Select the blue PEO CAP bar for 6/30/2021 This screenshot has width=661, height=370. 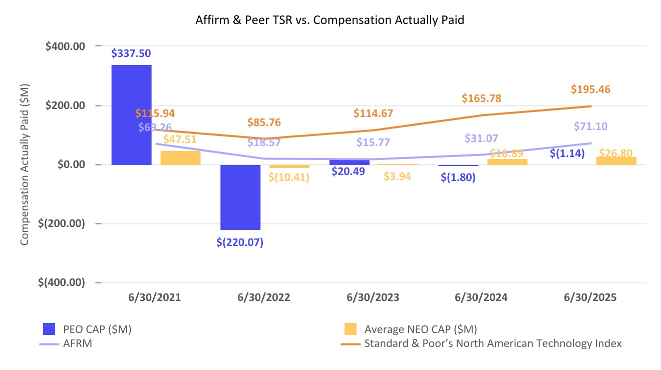click(131, 114)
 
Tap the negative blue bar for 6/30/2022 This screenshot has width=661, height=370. click(240, 197)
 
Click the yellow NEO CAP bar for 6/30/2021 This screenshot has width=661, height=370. click(180, 157)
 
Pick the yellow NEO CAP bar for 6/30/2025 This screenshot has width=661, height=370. click(616, 160)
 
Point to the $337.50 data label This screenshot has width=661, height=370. click(131, 53)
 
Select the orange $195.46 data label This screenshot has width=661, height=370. click(590, 89)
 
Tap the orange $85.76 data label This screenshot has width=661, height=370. click(264, 122)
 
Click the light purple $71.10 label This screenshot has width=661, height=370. click(590, 126)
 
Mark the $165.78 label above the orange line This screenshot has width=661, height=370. click(482, 98)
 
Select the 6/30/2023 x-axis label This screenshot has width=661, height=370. click(373, 297)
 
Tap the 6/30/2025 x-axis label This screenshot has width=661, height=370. click(590, 297)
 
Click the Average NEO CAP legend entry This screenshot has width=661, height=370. click(420, 329)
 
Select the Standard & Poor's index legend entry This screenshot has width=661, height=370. click(493, 343)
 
